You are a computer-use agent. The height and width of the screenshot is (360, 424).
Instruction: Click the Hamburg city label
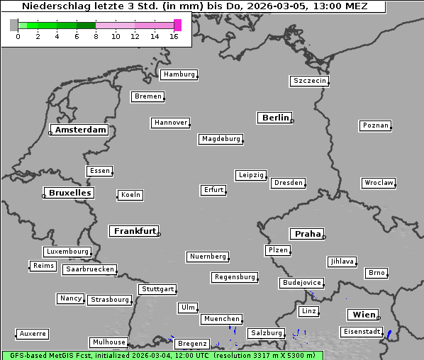click(x=178, y=74)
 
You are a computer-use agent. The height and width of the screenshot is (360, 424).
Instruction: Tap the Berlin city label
click(x=274, y=118)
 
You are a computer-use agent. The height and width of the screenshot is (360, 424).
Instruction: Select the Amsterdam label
click(x=80, y=130)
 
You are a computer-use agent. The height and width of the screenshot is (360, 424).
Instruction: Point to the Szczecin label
click(x=309, y=81)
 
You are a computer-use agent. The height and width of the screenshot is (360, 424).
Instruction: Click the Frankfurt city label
click(x=135, y=231)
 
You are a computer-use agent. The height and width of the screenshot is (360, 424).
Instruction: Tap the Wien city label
click(x=363, y=315)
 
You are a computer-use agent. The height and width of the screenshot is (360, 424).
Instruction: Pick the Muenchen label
click(x=221, y=320)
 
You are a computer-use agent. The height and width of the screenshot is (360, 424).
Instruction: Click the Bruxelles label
click(x=69, y=193)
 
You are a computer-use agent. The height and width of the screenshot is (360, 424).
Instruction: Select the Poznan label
click(x=375, y=125)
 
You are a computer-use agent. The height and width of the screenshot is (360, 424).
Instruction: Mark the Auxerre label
click(x=33, y=333)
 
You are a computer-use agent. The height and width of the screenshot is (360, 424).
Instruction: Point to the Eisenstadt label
click(x=362, y=332)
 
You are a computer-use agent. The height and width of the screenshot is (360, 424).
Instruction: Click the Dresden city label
click(x=289, y=183)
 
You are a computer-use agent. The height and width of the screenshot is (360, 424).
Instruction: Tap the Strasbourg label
click(x=110, y=300)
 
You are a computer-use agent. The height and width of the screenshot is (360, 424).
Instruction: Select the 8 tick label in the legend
click(x=96, y=36)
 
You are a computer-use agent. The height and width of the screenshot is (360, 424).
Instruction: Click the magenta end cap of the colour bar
click(x=177, y=25)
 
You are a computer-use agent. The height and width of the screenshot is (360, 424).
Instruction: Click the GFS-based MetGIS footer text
click(x=43, y=355)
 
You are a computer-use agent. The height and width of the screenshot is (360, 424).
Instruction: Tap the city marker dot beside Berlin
click(x=292, y=120)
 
